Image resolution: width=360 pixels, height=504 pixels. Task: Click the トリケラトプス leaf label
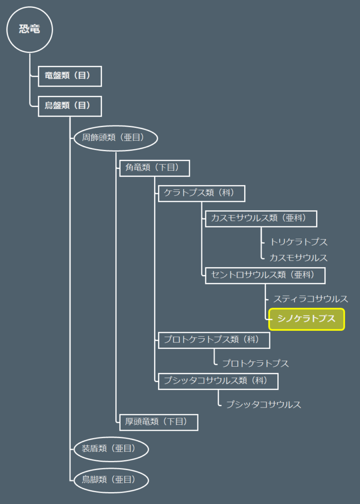[298, 242]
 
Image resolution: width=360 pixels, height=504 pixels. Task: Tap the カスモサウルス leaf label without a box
[298, 258]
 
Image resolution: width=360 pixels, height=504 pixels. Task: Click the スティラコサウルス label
[310, 299]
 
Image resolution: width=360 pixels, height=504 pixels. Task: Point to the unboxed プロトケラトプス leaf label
[256, 364]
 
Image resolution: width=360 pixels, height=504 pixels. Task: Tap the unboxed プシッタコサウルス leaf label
[263, 405]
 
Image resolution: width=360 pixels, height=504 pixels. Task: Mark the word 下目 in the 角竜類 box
[168, 167]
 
